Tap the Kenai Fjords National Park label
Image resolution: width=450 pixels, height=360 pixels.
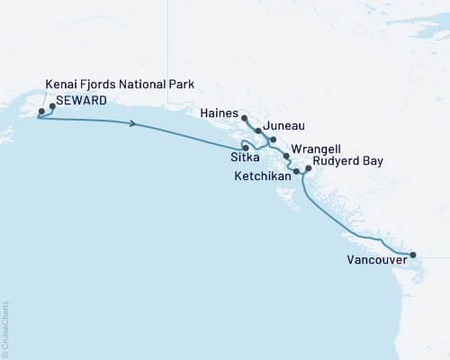(120, 85)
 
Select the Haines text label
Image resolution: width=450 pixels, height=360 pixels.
(220, 114)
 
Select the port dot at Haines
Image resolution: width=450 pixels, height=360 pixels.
(245, 117)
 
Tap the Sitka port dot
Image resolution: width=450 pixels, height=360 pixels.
(243, 147)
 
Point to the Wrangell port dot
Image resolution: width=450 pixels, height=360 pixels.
(286, 157)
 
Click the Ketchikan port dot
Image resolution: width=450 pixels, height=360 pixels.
(296, 169)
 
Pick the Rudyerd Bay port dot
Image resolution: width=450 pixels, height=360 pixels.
(308, 168)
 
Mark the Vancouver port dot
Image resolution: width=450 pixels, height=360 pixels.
(413, 255)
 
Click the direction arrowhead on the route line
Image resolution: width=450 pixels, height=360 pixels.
(134, 124)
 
